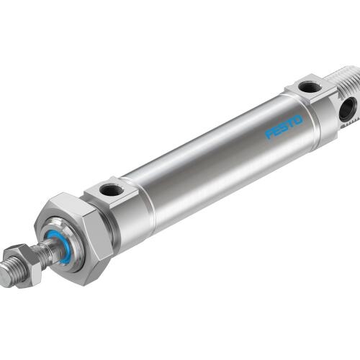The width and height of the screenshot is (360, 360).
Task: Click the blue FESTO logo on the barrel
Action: point(284,127)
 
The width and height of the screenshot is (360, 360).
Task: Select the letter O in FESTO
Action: point(298,120)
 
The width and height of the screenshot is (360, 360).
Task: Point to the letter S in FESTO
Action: point(284,127)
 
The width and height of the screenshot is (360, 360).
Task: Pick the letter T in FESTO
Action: point(291,123)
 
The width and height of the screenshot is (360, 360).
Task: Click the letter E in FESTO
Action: point(276,130)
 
